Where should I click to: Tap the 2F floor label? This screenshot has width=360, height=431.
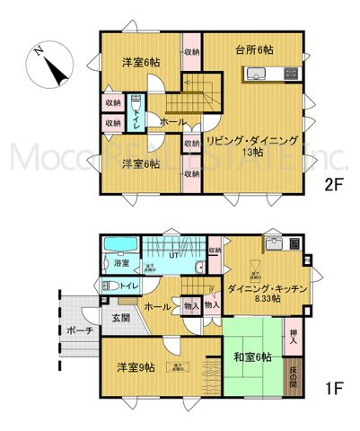pyautogui.click(x=336, y=186)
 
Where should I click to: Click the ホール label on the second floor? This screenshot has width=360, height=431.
pyautogui.click(x=172, y=122)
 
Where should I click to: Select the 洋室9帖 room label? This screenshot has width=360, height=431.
pyautogui.click(x=136, y=367)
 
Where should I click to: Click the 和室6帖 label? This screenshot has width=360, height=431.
pyautogui.click(x=251, y=358)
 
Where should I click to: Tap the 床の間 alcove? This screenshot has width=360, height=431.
pyautogui.click(x=294, y=374)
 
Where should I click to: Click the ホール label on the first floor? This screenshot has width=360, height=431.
pyautogui.click(x=158, y=306)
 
